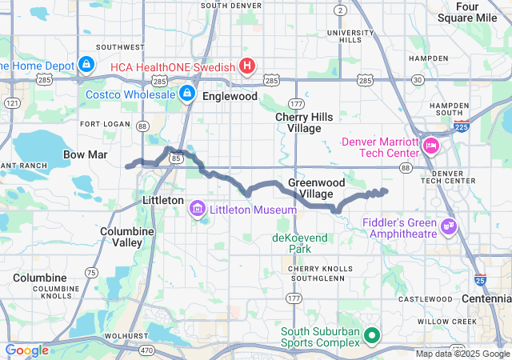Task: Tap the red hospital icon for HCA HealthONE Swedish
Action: (248, 66)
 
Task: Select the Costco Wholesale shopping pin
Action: (186, 94)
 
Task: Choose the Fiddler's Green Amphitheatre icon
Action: (449, 228)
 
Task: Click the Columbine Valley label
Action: (122, 236)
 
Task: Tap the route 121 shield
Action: (11, 103)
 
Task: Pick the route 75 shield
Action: (91, 273)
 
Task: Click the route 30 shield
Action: (418, 79)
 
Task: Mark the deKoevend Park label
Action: (300, 243)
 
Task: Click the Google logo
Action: (27, 350)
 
